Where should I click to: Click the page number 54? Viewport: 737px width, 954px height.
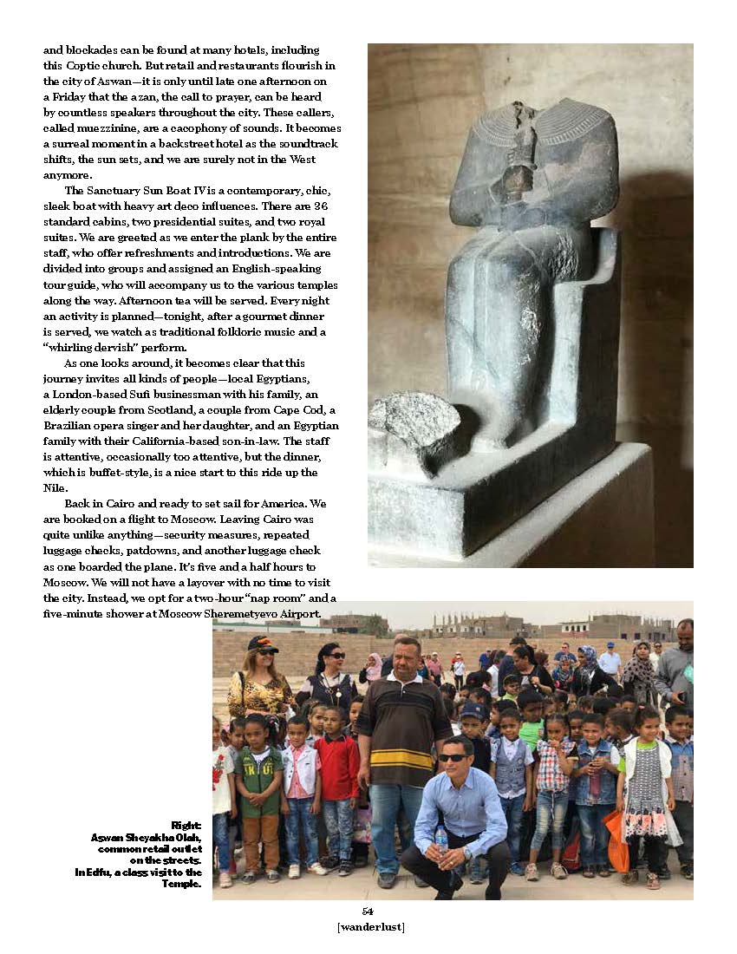368,911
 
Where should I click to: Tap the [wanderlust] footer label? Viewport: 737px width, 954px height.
370,927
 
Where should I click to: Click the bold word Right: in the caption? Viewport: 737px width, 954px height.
186,825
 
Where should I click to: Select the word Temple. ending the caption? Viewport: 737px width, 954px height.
184,884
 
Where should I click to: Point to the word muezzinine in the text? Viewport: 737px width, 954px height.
107,127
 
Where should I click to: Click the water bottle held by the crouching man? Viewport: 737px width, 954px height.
441,838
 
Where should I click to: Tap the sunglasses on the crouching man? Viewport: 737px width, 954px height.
452,757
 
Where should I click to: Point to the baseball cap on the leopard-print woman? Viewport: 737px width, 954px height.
263,644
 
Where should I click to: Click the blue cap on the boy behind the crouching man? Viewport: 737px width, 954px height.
473,710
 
